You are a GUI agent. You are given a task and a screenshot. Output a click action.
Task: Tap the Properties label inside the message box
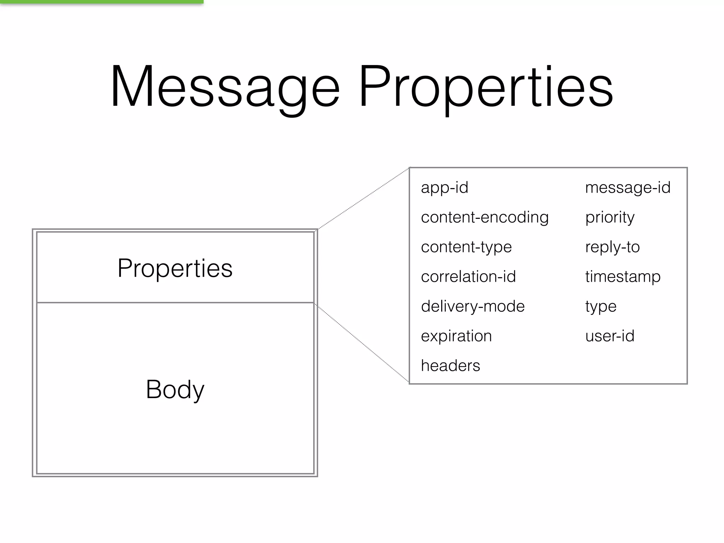click(x=175, y=268)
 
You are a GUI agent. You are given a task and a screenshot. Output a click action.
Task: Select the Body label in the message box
click(x=175, y=389)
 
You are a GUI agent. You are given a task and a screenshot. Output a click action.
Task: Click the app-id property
click(x=444, y=188)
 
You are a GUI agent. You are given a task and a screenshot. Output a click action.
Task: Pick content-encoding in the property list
click(x=484, y=217)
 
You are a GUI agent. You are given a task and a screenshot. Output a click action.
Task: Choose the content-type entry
click(x=466, y=247)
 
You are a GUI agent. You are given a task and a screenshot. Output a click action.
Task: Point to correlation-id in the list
click(x=468, y=276)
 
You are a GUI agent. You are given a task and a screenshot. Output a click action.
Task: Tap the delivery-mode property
click(x=473, y=306)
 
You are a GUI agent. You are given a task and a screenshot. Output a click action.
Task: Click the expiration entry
click(x=456, y=336)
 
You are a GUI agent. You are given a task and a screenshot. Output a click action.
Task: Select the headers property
click(x=450, y=366)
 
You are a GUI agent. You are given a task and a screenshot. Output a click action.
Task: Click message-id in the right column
click(x=627, y=188)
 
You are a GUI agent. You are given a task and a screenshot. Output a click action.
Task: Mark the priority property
click(x=610, y=217)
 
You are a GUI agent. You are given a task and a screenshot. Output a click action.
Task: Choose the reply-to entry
click(x=612, y=247)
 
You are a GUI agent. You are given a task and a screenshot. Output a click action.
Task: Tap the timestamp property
click(x=623, y=276)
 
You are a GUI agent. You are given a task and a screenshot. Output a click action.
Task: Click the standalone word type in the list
click(x=601, y=306)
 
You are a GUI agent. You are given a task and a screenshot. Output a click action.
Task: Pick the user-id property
click(x=610, y=336)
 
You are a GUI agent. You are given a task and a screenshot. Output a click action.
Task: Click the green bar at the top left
click(x=101, y=2)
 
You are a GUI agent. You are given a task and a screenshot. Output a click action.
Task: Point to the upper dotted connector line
click(x=363, y=199)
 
